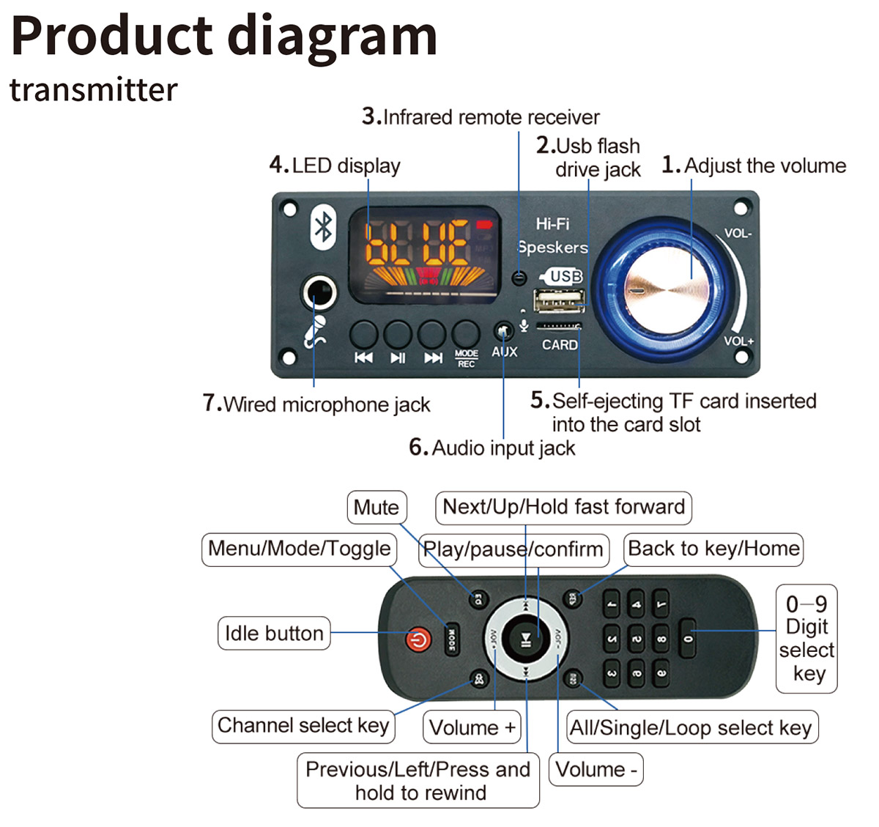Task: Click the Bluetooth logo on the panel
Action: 323,227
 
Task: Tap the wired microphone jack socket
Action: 319,294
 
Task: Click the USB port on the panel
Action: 560,300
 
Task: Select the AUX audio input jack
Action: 503,332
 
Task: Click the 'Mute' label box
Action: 377,507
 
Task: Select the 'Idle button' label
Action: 274,634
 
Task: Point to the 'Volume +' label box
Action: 472,727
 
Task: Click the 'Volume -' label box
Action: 596,770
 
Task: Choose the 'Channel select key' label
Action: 303,726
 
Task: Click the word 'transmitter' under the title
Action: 93,90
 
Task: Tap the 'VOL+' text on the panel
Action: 738,341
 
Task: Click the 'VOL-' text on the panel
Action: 738,234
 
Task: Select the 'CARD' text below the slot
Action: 560,345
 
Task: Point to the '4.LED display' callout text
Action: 335,166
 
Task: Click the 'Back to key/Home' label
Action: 713,549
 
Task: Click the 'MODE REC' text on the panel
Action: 466,359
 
